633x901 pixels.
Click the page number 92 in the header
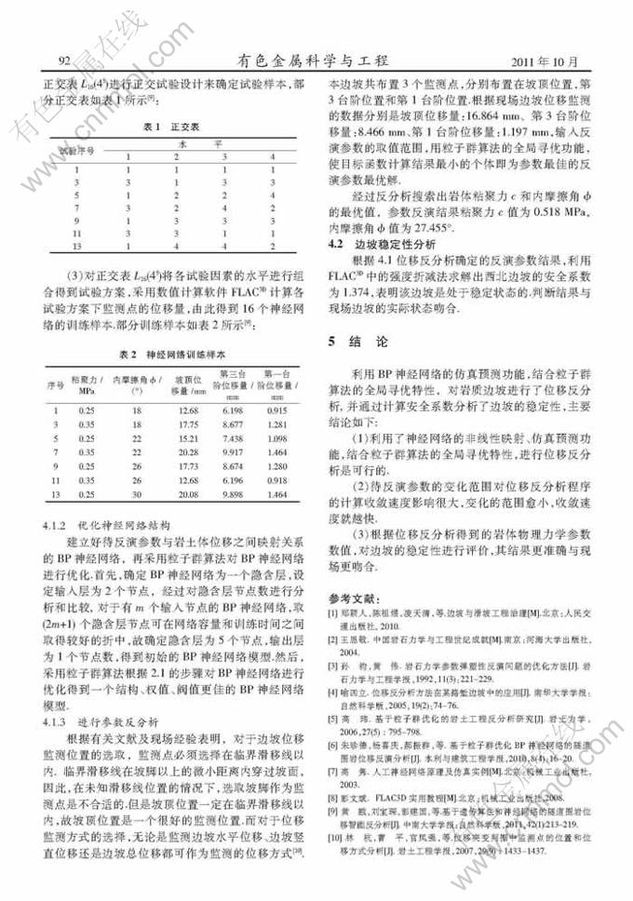pyautogui.click(x=65, y=61)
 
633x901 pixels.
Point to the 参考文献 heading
pyautogui.click(x=350, y=596)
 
